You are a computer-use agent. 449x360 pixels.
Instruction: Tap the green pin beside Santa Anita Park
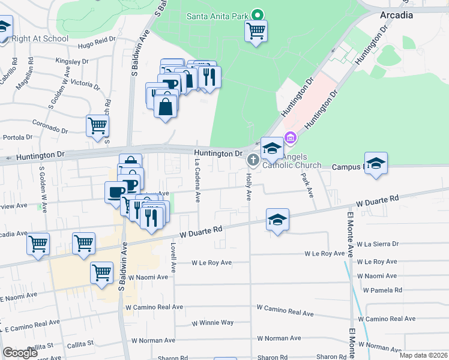click(258, 14)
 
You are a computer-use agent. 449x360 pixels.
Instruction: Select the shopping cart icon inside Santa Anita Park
click(256, 30)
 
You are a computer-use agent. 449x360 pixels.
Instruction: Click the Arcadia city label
click(396, 16)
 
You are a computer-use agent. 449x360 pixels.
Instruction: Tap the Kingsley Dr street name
click(71, 61)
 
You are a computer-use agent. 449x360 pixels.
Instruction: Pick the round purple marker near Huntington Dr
click(290, 139)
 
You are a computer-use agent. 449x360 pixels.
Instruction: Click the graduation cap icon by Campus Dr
click(376, 163)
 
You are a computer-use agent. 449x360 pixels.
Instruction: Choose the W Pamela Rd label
click(382, 290)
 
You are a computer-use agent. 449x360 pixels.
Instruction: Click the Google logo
click(20, 352)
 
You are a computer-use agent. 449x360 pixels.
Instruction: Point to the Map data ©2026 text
click(424, 355)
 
